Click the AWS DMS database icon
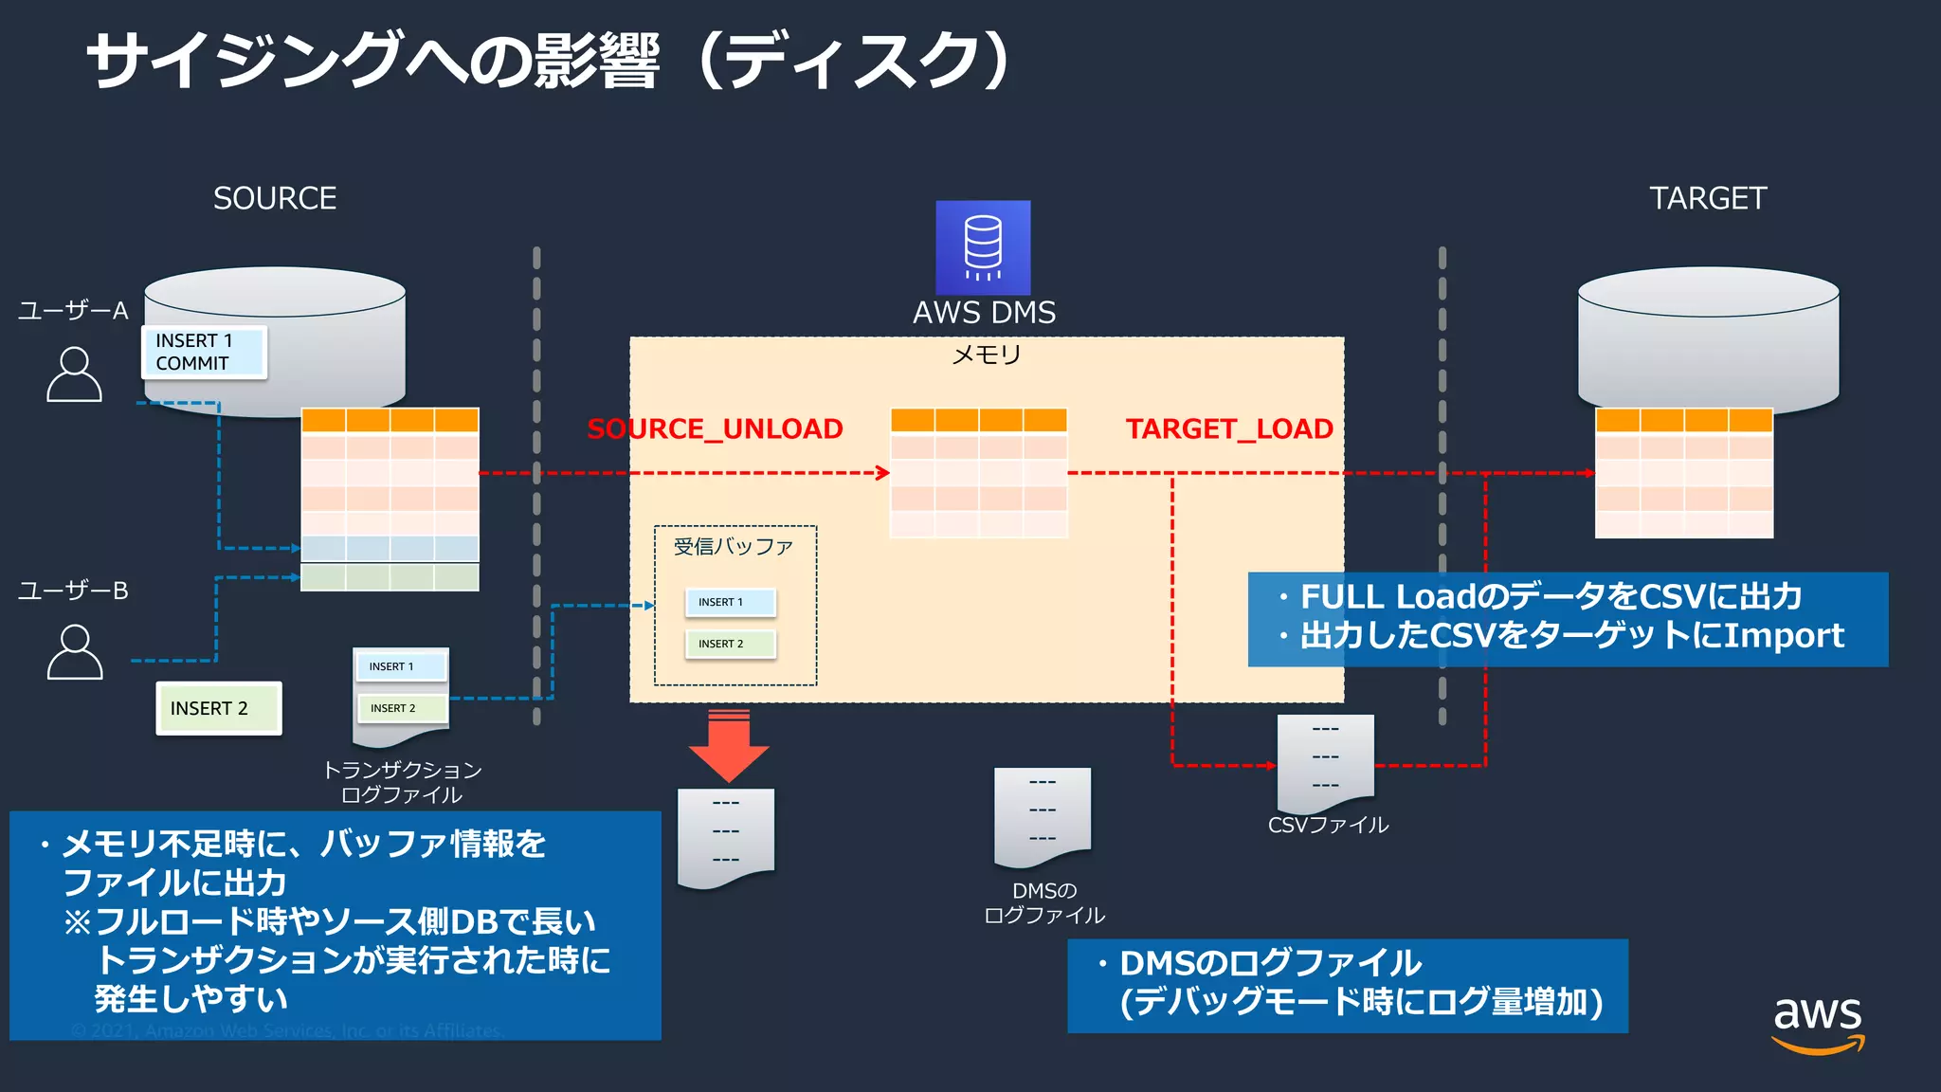point(983,247)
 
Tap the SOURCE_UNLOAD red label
point(715,429)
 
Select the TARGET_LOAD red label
point(1229,429)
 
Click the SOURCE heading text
point(275,198)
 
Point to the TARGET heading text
point(1708,198)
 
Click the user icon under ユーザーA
point(74,374)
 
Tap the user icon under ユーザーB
point(74,652)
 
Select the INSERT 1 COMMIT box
point(204,352)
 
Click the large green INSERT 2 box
point(218,708)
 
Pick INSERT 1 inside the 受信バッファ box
point(730,602)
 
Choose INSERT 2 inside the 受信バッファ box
point(730,644)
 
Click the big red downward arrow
point(728,745)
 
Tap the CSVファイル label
point(1328,825)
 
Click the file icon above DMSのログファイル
point(1042,815)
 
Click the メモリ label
point(986,355)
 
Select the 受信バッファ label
point(733,546)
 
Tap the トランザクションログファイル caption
point(402,782)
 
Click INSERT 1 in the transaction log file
point(400,666)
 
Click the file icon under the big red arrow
point(725,837)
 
